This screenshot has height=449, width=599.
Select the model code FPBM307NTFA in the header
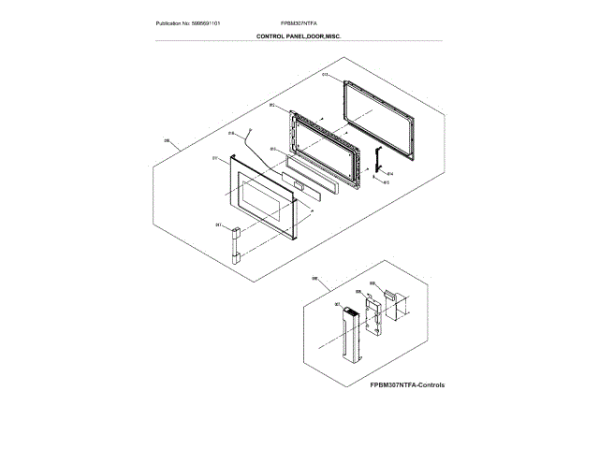point(299,22)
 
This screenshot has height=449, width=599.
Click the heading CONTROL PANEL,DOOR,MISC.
point(299,36)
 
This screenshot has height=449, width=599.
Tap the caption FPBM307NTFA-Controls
point(406,385)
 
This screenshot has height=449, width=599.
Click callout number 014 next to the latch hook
point(389,173)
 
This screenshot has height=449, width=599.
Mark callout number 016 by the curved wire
point(230,134)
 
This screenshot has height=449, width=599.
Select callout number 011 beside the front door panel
point(215,158)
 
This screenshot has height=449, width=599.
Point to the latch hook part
point(378,161)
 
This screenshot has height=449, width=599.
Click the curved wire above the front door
point(258,150)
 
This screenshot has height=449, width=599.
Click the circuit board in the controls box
point(373,319)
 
